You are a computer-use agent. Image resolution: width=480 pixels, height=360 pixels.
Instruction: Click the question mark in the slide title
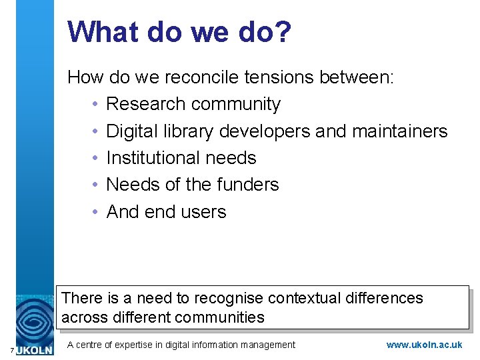(281, 32)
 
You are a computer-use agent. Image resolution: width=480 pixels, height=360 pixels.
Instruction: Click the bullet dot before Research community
(96, 105)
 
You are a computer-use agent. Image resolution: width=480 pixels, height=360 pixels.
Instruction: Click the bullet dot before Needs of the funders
(96, 185)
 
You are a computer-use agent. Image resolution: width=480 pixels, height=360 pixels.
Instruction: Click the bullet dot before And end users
(96, 212)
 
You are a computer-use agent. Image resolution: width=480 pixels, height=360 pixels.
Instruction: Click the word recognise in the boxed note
(230, 298)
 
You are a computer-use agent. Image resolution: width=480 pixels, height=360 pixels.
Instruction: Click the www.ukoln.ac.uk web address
(424, 345)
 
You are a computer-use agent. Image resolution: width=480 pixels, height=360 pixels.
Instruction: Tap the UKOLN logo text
(35, 349)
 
